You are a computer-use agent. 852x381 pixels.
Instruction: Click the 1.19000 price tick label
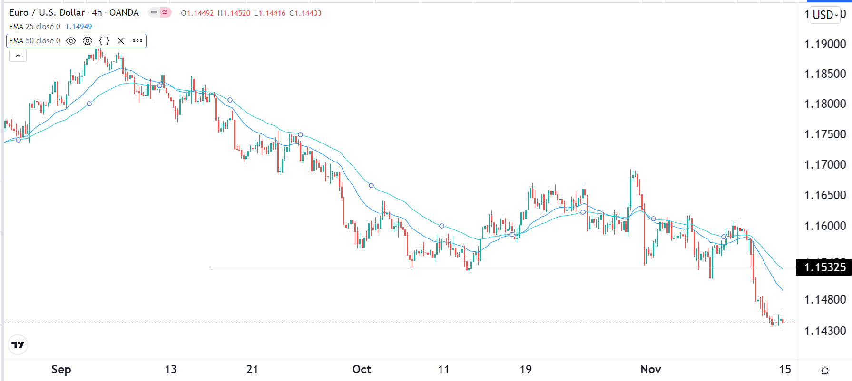click(x=825, y=44)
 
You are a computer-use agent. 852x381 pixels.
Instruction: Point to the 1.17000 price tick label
click(x=825, y=165)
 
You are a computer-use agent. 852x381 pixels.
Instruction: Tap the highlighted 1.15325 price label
click(x=825, y=267)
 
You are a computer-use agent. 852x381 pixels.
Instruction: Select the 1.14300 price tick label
click(x=825, y=331)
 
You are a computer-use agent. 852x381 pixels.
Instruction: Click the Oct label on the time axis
click(x=362, y=370)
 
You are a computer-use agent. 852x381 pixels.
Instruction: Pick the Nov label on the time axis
click(x=650, y=370)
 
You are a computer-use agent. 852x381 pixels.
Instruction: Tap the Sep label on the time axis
click(x=61, y=370)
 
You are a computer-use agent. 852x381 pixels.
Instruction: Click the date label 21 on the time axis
click(x=252, y=370)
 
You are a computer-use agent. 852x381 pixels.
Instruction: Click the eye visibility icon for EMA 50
click(x=71, y=41)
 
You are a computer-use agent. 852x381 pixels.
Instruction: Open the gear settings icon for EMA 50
click(x=88, y=41)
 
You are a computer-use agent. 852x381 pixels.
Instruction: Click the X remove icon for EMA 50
click(x=121, y=41)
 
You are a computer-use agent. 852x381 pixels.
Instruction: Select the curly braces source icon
click(x=104, y=41)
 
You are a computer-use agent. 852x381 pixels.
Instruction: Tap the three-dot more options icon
click(x=137, y=41)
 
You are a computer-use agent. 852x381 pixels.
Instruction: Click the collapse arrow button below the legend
click(x=18, y=56)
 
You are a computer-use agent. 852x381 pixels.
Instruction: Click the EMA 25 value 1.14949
click(x=78, y=27)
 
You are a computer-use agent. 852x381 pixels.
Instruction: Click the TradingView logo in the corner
click(x=18, y=345)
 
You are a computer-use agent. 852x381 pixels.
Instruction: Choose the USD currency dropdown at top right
click(x=825, y=15)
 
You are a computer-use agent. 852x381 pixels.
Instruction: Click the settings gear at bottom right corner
click(x=825, y=371)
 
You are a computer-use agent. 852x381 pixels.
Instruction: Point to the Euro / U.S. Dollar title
click(x=47, y=13)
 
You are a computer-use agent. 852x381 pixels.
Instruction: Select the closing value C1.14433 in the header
click(x=305, y=13)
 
